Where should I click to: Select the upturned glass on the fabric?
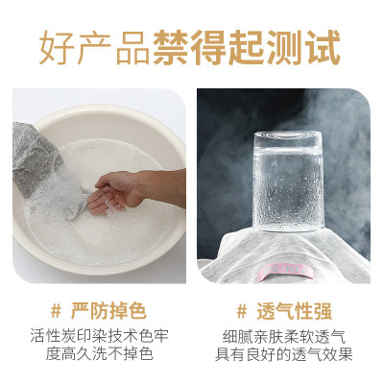point(287,182)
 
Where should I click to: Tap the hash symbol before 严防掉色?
point(55,311)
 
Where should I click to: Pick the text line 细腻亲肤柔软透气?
point(287,336)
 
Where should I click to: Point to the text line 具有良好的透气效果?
point(287,355)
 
